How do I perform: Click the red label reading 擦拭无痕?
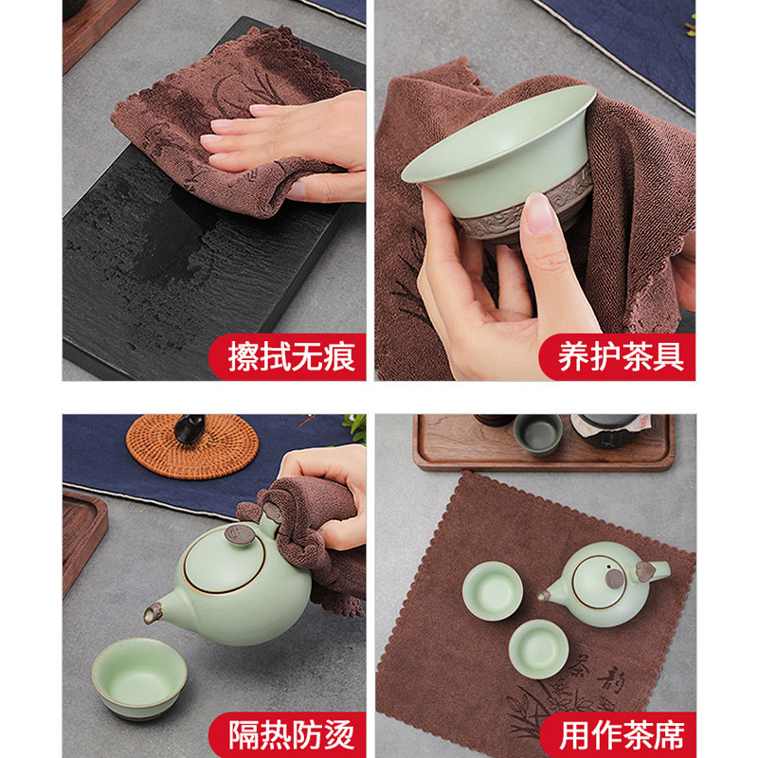(x=288, y=357)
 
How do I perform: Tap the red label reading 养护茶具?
(x=618, y=357)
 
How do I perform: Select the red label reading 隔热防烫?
(x=288, y=735)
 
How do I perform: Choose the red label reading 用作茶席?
(x=619, y=735)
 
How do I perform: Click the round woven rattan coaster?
(x=192, y=448)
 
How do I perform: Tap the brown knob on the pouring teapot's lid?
(x=239, y=534)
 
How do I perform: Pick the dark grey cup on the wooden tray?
(x=537, y=435)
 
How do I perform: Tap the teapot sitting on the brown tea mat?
(x=605, y=584)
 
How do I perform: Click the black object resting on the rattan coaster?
(x=189, y=427)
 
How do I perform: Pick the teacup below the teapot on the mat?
(x=538, y=648)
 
